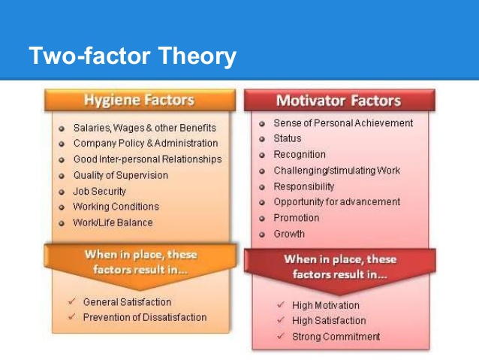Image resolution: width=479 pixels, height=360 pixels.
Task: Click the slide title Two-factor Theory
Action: click(x=133, y=56)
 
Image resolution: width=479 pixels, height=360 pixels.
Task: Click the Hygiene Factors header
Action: click(x=140, y=100)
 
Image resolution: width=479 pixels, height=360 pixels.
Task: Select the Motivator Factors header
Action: click(x=339, y=100)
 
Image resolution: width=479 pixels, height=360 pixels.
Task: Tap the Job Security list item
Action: click(x=100, y=191)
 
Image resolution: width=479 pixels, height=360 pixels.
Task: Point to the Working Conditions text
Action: click(x=116, y=207)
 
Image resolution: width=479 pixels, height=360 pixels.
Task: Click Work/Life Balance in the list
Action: click(x=113, y=222)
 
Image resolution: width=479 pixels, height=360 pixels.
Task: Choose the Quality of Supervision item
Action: click(x=121, y=175)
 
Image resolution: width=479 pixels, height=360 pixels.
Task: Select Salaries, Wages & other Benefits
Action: click(x=145, y=128)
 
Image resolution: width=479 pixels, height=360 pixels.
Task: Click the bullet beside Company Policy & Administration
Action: click(x=62, y=144)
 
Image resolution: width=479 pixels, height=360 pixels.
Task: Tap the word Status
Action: click(x=288, y=138)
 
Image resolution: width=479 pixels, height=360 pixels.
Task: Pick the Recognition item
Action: click(x=300, y=155)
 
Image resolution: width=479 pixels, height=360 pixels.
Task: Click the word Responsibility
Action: click(x=304, y=186)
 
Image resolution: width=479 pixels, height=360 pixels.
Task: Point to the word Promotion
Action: click(x=297, y=218)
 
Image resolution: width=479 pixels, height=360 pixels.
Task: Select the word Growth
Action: click(x=289, y=234)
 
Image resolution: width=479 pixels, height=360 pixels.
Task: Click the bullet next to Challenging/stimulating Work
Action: click(x=262, y=171)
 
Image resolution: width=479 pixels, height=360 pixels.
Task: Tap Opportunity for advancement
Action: click(x=337, y=202)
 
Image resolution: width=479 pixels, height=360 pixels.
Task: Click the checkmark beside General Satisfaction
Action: click(x=72, y=302)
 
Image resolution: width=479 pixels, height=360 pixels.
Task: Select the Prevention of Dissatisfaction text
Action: click(x=145, y=317)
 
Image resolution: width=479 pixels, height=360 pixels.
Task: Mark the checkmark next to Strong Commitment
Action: click(x=281, y=336)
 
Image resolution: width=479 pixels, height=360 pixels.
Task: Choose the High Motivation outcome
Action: click(x=326, y=305)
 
